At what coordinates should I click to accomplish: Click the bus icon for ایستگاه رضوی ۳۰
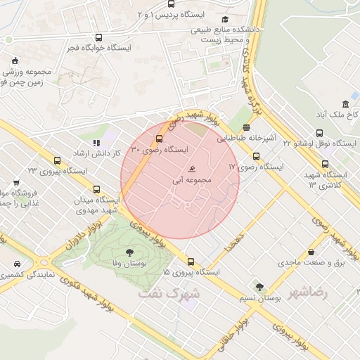click(x=159, y=139)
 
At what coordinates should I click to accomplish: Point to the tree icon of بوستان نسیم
click(x=259, y=287)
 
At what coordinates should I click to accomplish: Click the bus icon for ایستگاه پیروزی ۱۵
click(x=191, y=262)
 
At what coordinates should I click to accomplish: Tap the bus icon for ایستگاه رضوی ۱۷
click(x=256, y=157)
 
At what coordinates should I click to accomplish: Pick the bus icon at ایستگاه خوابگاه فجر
click(x=98, y=38)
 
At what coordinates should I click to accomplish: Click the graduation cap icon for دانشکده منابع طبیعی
click(x=225, y=20)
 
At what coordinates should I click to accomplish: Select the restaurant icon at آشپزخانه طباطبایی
click(x=246, y=127)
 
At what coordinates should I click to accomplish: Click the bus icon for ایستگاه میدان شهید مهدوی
click(x=96, y=188)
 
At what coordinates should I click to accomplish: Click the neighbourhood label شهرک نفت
click(x=169, y=292)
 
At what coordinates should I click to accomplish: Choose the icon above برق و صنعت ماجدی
click(x=311, y=252)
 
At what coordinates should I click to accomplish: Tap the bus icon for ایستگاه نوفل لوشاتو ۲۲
click(x=320, y=133)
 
